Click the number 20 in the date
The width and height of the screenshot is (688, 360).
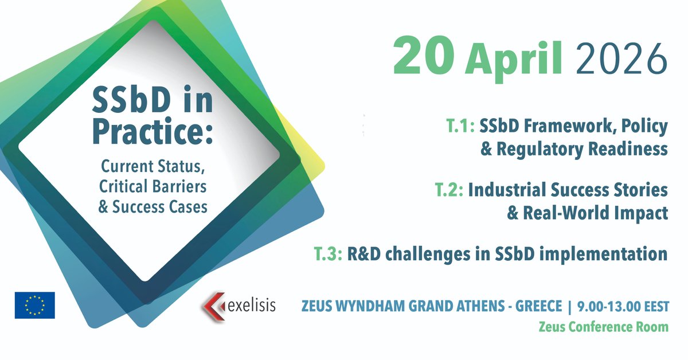(425, 58)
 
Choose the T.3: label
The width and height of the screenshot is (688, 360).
(327, 253)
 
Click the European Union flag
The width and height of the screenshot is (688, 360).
(34, 305)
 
